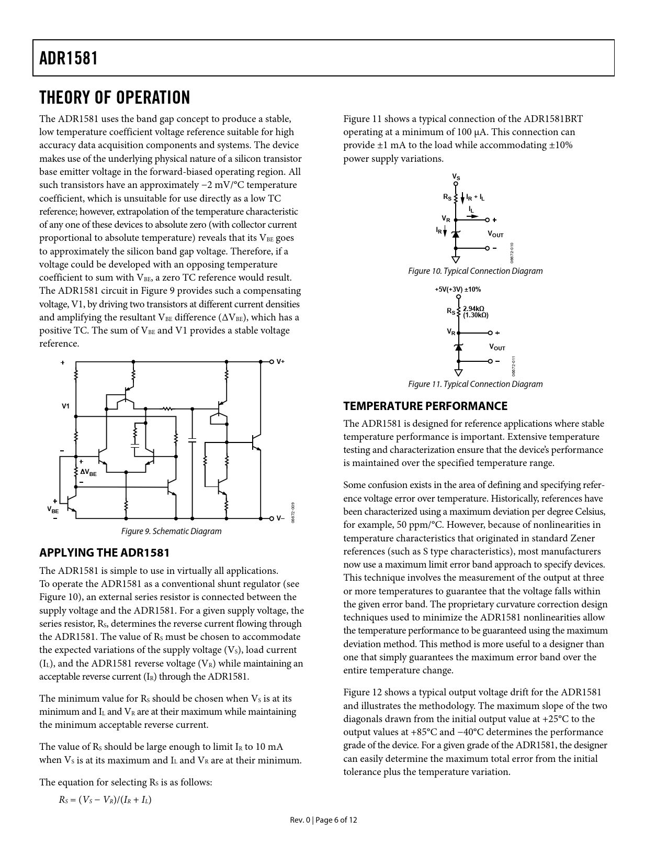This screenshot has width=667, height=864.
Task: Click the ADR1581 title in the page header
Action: [x=69, y=58]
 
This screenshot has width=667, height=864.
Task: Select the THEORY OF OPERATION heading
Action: [x=115, y=98]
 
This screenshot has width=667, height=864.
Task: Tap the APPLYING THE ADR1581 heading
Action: [x=104, y=552]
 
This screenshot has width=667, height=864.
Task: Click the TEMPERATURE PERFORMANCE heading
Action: [x=425, y=406]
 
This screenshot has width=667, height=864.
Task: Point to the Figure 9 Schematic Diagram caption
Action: [x=171, y=531]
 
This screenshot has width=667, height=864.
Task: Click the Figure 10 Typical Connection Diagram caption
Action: [x=475, y=271]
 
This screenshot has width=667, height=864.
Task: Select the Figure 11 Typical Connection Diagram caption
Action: [x=475, y=384]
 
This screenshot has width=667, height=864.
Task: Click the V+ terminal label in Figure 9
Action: [x=280, y=361]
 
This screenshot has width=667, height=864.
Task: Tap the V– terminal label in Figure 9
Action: [x=280, y=518]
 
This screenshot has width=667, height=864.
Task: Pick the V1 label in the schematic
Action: [x=65, y=406]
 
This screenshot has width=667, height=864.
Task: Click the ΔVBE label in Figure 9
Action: [x=88, y=472]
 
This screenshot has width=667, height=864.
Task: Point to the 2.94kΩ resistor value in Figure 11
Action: [x=473, y=308]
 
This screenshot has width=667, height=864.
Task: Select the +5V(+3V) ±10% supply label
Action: [x=458, y=289]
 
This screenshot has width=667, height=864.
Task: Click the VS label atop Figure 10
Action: [x=456, y=178]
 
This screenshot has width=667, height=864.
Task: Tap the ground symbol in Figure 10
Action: [x=456, y=259]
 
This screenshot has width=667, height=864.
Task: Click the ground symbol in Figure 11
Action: [x=459, y=372]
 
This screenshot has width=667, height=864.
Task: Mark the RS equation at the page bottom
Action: [x=105, y=800]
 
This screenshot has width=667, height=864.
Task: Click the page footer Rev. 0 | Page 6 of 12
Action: [x=323, y=819]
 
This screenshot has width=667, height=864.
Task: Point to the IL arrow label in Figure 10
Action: [x=471, y=209]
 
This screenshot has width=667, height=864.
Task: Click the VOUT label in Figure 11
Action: [x=496, y=347]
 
